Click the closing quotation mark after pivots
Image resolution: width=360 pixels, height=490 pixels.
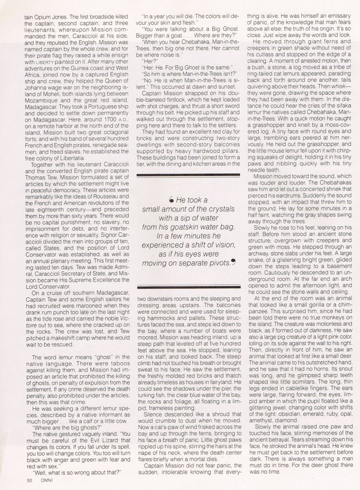(x=234, y=261)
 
